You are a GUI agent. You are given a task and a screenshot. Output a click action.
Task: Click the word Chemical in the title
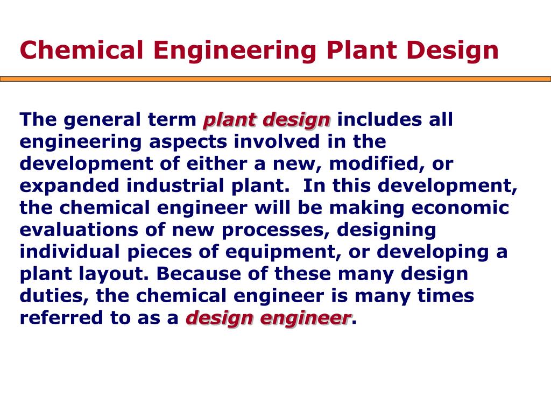pos(82,50)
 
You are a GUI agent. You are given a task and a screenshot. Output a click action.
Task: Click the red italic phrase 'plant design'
pos(266,120)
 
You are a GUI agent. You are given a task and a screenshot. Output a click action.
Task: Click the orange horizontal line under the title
pos(275,79)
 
